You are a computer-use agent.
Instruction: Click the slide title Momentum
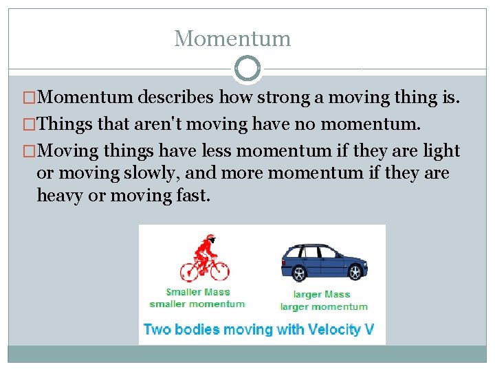(232, 38)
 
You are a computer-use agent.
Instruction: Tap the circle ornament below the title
(247, 69)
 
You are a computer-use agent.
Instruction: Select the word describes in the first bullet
(176, 99)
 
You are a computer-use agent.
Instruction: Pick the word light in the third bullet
(441, 150)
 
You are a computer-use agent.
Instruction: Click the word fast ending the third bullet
(192, 196)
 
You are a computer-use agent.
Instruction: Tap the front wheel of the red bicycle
(218, 269)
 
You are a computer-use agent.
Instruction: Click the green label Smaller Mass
(198, 292)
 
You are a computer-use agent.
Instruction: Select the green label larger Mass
(322, 294)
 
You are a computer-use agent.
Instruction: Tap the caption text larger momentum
(324, 306)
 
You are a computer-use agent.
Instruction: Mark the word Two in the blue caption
(157, 329)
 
